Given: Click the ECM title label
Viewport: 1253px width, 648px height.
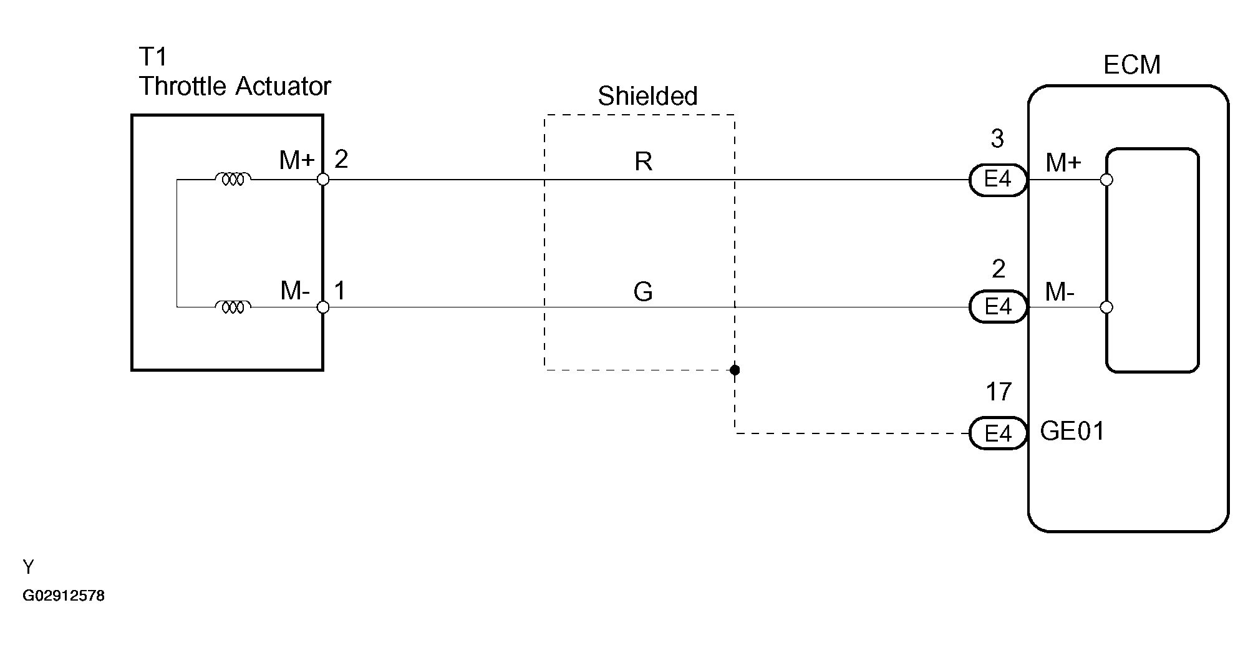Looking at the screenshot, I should coord(1131,65).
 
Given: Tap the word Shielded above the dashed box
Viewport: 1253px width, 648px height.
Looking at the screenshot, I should coord(647,96).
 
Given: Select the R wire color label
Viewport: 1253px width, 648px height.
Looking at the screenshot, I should coord(643,162).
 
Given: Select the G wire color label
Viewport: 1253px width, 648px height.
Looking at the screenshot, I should coord(642,292).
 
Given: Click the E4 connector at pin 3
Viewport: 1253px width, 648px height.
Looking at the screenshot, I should coord(997,180).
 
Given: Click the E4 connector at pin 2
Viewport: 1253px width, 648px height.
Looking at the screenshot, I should coord(997,307).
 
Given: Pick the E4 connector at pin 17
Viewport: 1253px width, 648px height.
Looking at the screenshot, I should coord(997,433).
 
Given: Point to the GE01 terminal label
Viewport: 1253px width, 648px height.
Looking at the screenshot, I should coord(1072,432).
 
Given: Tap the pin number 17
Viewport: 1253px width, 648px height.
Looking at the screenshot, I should coord(998,392).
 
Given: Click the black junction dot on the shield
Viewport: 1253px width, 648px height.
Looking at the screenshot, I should coord(735,370).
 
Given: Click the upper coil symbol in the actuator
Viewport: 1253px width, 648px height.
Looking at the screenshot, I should coord(233,180).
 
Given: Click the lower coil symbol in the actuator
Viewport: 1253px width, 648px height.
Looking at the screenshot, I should coord(233,307).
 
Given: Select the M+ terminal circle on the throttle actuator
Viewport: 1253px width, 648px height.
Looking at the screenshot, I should coord(323,180).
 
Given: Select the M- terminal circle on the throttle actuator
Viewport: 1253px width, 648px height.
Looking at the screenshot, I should coord(323,307).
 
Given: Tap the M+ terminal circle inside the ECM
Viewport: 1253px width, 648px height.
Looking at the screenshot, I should coord(1106,180).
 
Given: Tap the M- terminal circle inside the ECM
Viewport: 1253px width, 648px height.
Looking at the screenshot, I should coord(1106,307).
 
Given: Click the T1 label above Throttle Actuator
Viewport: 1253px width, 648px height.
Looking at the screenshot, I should coord(153,57).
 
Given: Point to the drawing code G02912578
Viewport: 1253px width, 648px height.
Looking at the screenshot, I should coord(64,596).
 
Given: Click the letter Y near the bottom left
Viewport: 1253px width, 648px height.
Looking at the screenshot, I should coord(28,567).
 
